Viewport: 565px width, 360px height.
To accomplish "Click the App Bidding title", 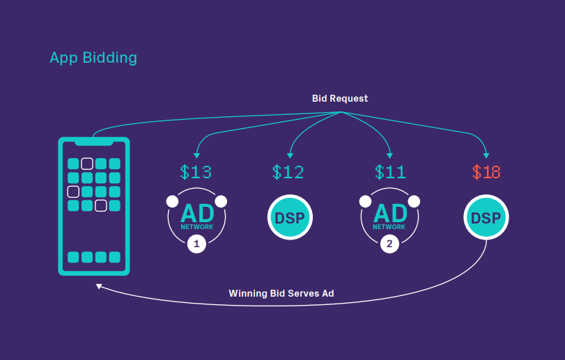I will click(x=93, y=58).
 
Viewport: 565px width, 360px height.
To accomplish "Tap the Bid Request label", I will click(x=339, y=99).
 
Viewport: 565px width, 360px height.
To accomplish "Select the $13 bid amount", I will click(x=196, y=171).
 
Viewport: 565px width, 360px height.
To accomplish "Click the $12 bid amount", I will click(x=288, y=171).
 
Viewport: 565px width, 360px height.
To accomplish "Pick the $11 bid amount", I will click(x=390, y=171).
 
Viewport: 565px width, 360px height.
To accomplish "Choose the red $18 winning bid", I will click(x=486, y=171).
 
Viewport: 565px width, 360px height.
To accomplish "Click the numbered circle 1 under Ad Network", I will click(x=196, y=244).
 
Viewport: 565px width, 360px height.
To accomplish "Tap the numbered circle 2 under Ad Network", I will click(x=389, y=244).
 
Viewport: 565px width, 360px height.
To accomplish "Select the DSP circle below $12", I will click(x=290, y=218).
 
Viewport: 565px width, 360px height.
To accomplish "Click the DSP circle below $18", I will click(x=486, y=218).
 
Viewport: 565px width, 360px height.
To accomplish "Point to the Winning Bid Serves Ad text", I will click(x=281, y=293).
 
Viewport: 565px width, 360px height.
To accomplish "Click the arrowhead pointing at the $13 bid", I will click(x=197, y=155).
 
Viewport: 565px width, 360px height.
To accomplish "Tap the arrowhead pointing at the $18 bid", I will click(x=486, y=155).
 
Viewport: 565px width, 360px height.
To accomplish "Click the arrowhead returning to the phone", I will click(x=100, y=286).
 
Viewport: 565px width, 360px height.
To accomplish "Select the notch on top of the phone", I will click(x=94, y=142).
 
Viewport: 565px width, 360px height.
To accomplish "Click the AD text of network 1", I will click(x=196, y=213).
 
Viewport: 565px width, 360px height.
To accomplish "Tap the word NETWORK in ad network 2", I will click(x=389, y=227).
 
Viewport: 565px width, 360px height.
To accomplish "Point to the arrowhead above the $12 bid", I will click(x=290, y=155).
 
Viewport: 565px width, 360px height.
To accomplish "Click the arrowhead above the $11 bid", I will click(x=389, y=155).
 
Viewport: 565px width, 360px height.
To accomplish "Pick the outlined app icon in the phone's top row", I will click(x=87, y=164).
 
